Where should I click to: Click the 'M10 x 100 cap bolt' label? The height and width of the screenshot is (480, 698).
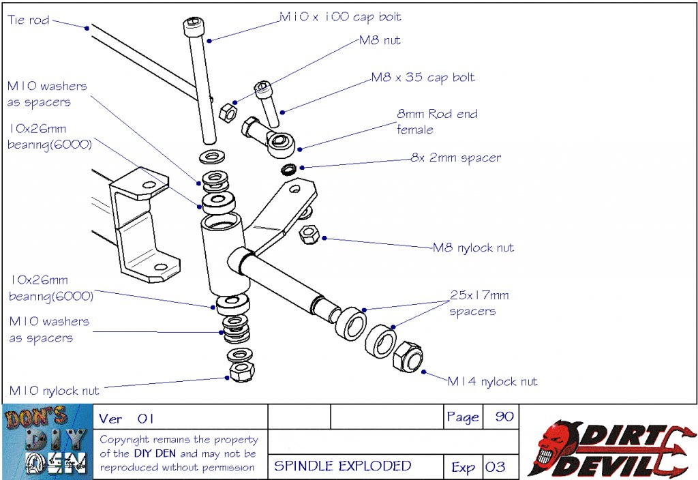tap(341, 17)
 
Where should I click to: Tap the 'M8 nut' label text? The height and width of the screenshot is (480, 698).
tap(380, 40)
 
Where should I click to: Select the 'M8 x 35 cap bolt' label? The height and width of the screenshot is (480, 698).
tap(423, 77)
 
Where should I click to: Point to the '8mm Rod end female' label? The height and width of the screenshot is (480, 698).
tap(437, 121)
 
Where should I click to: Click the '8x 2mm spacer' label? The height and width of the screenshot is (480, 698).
tap(455, 157)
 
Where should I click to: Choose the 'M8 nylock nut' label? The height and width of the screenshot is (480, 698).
tap(474, 247)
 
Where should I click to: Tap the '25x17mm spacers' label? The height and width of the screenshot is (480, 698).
tap(479, 303)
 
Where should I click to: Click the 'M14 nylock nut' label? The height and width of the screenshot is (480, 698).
tap(492, 381)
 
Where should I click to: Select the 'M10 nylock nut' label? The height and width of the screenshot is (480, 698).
tap(54, 391)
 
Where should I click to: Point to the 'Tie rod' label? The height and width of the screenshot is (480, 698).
tap(29, 20)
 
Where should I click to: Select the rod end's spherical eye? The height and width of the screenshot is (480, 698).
tap(279, 141)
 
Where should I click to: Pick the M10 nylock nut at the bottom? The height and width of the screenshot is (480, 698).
tap(243, 372)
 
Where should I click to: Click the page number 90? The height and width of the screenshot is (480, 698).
tap(504, 417)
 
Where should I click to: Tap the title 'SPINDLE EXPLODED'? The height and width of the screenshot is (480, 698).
tap(343, 466)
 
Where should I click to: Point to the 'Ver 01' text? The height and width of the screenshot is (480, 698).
tap(127, 418)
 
